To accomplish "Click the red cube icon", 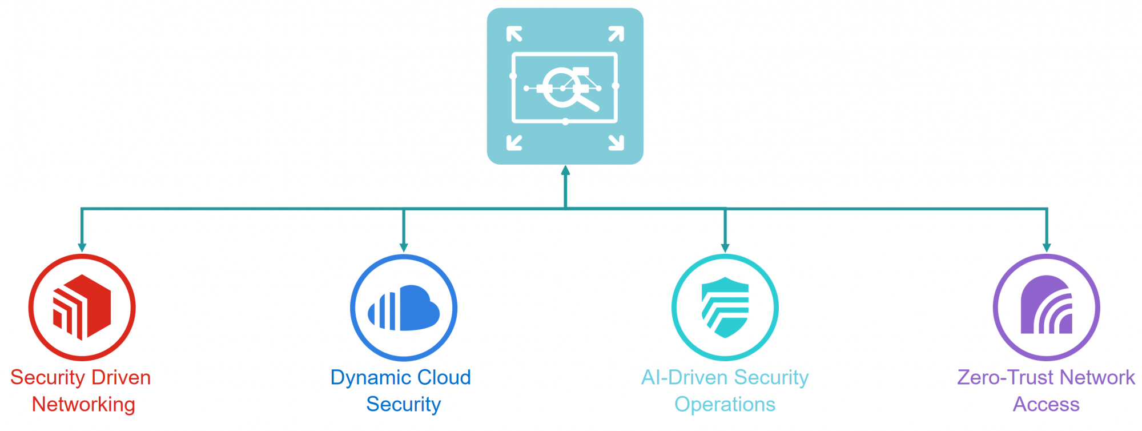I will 82,307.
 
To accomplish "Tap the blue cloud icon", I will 404,308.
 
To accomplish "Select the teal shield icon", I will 725,308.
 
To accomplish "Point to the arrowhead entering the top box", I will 565,170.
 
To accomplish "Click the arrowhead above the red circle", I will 82,247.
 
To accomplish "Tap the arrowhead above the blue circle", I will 404,247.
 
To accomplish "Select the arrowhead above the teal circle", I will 725,247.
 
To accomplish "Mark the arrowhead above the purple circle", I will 1047,247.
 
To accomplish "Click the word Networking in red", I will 83,404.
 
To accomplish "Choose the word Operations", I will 725,404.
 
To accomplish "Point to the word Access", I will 1046,404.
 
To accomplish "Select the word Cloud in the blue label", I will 444,377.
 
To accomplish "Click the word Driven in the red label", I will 121,377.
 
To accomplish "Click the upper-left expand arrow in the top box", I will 514,34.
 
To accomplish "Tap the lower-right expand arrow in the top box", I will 616,142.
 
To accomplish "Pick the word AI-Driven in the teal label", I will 685,377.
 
